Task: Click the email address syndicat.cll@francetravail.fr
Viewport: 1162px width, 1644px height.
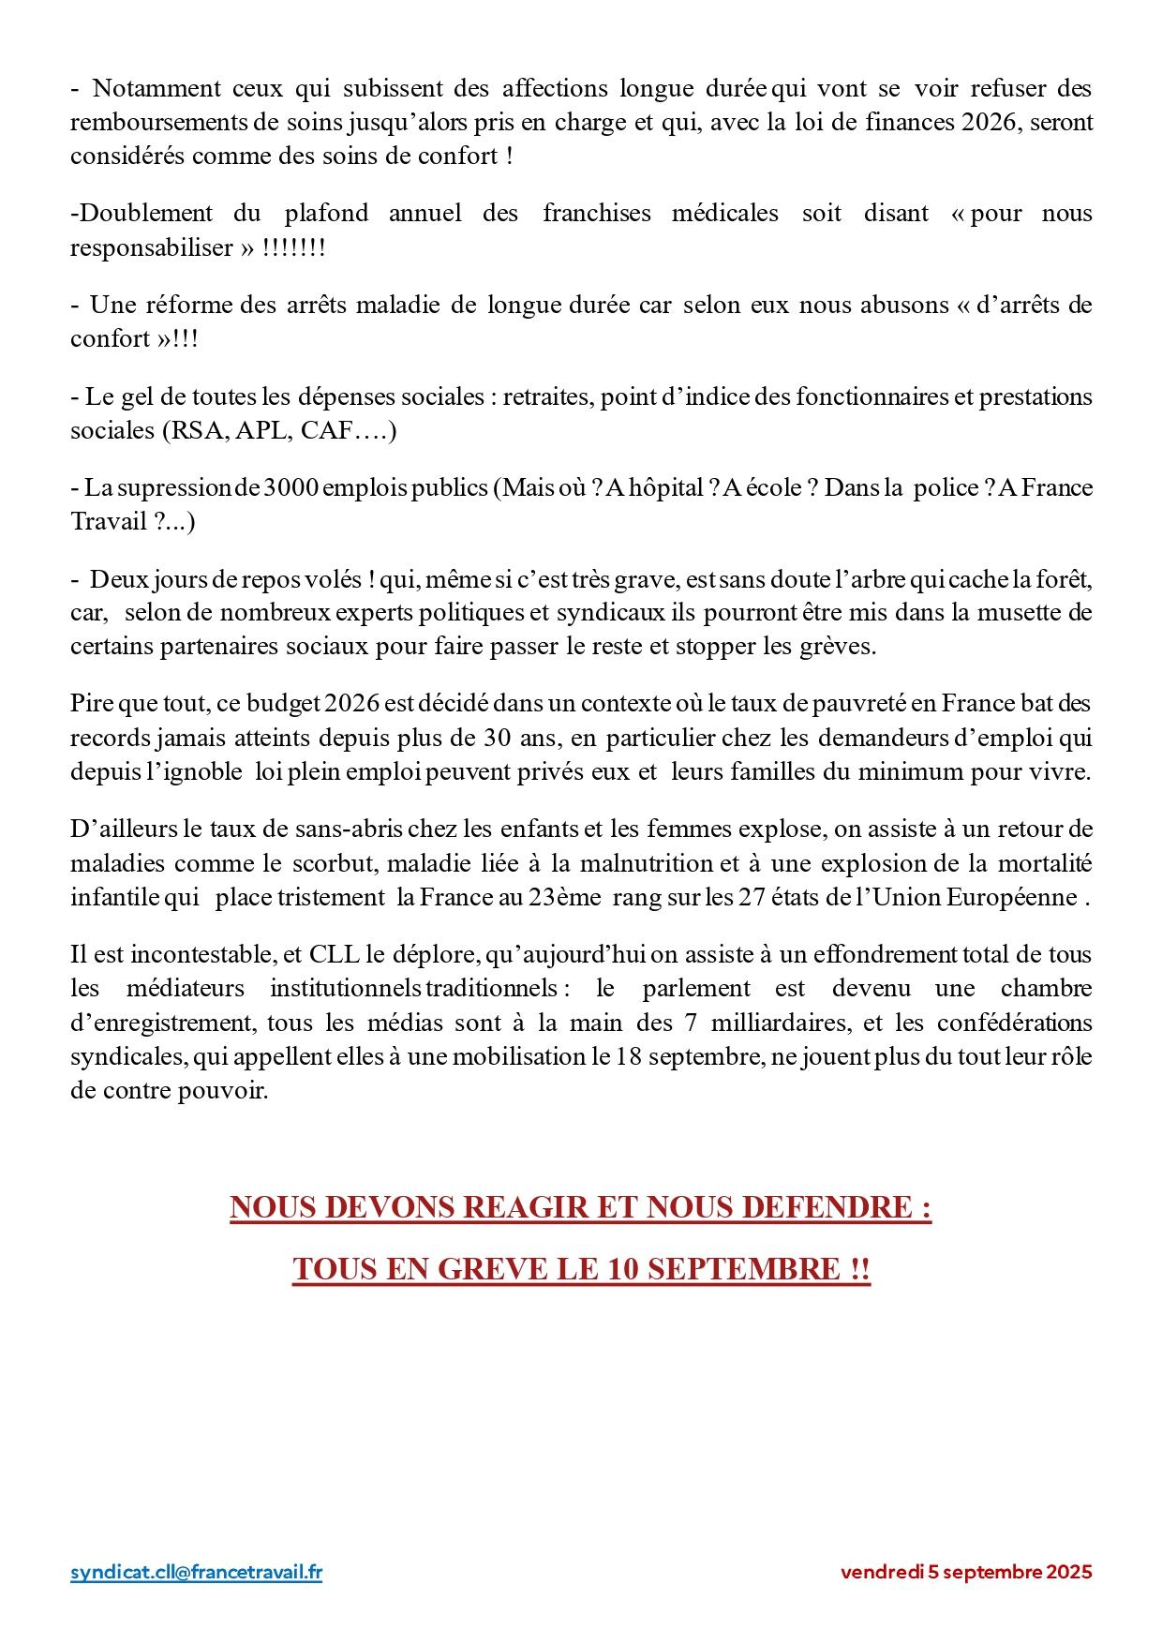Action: tap(196, 1572)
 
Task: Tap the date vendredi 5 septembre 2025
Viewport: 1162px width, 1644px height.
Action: tap(966, 1573)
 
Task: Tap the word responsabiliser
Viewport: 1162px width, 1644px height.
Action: tap(151, 247)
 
